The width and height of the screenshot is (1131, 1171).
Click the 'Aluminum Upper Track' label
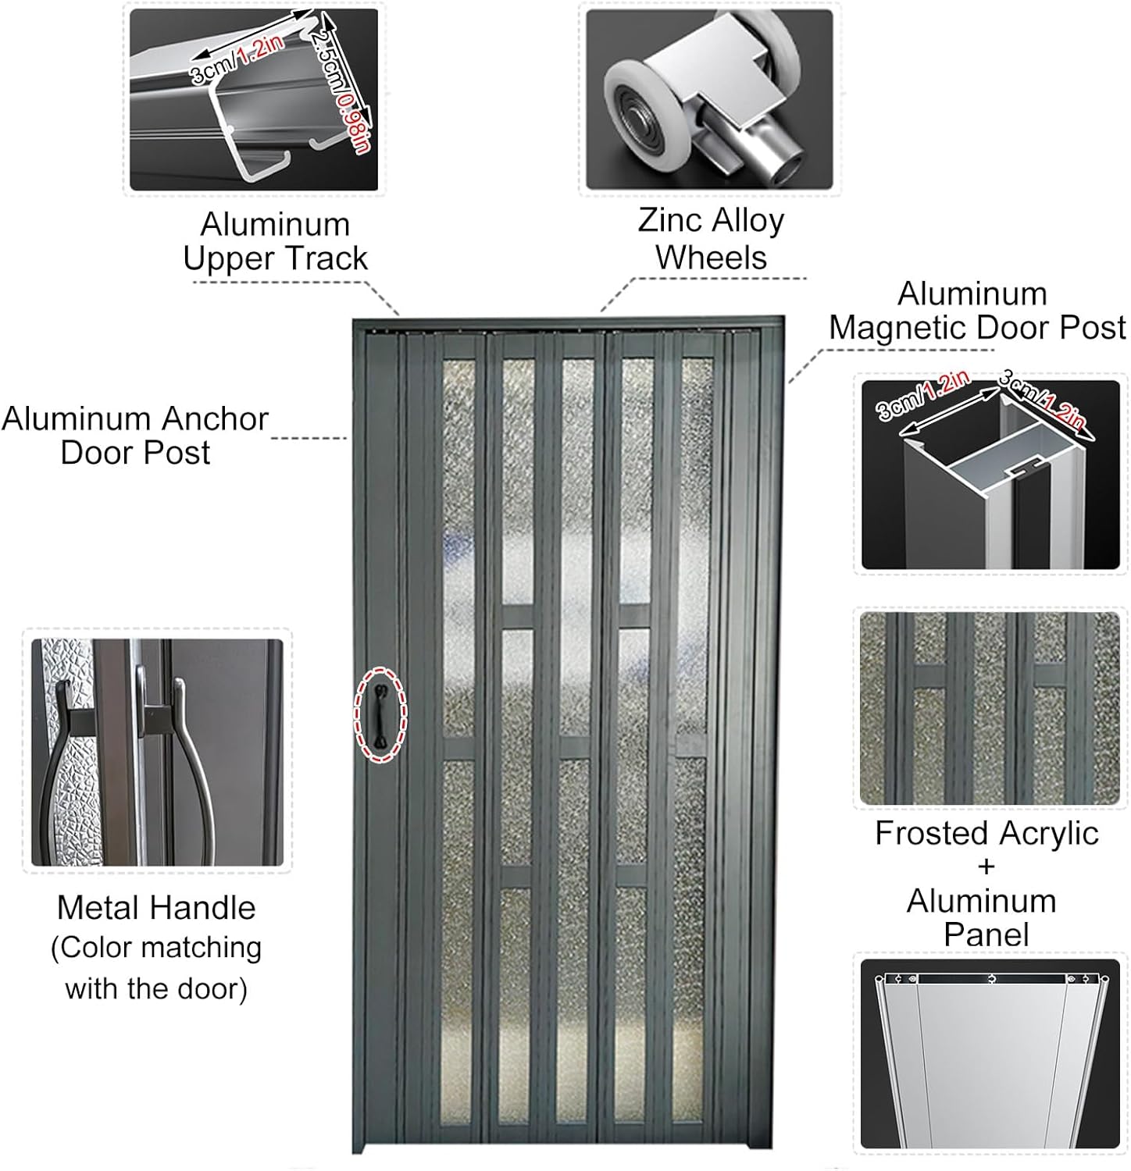coord(275,241)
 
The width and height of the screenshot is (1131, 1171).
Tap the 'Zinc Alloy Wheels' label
coord(711,239)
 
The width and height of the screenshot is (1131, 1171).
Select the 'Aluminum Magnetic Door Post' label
coord(976,311)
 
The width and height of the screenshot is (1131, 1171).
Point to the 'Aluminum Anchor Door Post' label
coord(135,436)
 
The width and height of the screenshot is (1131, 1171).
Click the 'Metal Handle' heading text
coord(156,908)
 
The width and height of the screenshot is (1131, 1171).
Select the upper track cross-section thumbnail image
coord(253,99)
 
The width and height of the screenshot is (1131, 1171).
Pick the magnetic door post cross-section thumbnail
coord(990,475)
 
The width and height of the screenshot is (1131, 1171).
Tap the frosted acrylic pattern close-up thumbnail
coord(989,708)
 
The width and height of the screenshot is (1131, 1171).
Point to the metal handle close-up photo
coord(156,752)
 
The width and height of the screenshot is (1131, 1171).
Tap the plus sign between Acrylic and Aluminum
coord(986,867)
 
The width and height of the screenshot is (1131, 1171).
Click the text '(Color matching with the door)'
coord(156,968)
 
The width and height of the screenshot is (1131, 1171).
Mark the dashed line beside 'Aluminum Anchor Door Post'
coord(309,438)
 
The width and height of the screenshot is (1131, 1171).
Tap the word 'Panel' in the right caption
coord(986,934)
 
